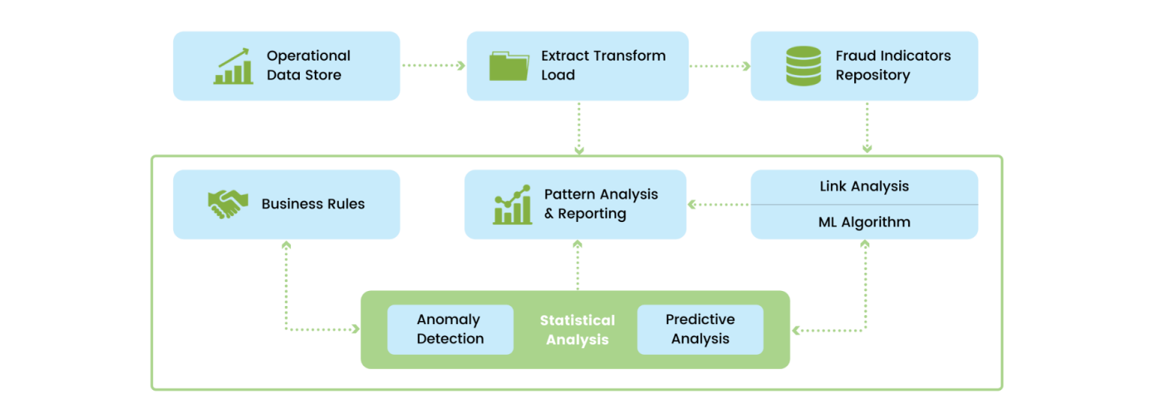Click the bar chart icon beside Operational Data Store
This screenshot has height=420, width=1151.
click(x=233, y=66)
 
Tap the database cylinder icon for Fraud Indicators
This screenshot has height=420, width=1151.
click(x=803, y=66)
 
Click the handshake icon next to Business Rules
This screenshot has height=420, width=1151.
click(x=227, y=204)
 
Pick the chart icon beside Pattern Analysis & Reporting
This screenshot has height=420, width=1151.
click(x=513, y=205)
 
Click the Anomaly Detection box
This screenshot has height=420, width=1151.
click(x=450, y=329)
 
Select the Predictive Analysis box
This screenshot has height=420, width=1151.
click(x=700, y=329)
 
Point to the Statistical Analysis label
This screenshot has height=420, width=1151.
click(x=577, y=330)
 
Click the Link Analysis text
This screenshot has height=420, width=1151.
click(x=864, y=186)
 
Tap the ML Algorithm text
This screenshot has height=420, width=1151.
click(x=864, y=222)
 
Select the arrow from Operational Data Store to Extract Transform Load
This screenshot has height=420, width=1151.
click(x=433, y=66)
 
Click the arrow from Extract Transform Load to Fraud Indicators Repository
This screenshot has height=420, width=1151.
click(x=719, y=66)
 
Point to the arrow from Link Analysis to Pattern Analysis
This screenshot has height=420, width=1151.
click(x=718, y=204)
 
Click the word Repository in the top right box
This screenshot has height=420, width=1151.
click(x=872, y=75)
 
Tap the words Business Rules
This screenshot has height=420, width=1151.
click(x=312, y=204)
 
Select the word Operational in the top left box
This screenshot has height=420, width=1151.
click(x=308, y=56)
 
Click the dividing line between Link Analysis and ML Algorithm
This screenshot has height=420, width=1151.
click(x=864, y=204)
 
